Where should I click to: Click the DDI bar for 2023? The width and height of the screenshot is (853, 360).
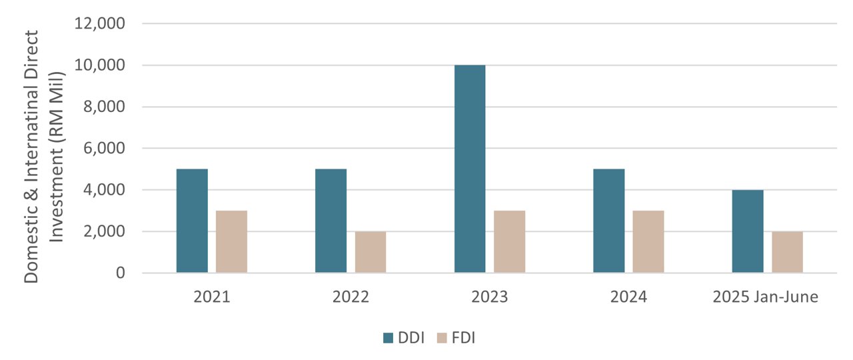point(470,169)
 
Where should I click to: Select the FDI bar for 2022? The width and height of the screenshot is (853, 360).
point(371,252)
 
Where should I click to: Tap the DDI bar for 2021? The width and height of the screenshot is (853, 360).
point(192,221)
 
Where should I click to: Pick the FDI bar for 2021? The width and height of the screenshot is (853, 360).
point(232,241)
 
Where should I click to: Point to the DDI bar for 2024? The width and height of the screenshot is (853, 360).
point(608,221)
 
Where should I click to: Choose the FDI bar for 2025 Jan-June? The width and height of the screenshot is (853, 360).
point(787,252)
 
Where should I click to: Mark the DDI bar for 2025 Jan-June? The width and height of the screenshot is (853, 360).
point(748,231)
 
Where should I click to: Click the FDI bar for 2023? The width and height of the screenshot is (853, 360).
point(510,241)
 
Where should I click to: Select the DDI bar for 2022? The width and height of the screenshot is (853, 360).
point(331,221)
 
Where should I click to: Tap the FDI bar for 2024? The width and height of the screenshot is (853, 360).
point(648,241)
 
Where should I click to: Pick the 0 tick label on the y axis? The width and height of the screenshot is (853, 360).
point(120,273)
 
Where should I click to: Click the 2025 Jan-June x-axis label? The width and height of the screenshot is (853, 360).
point(765,297)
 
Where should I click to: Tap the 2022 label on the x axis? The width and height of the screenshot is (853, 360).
point(351,297)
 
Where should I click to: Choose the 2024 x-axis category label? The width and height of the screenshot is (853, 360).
point(628,297)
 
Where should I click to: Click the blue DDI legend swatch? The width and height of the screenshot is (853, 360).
point(389,338)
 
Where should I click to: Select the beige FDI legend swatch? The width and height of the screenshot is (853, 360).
point(442,338)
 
